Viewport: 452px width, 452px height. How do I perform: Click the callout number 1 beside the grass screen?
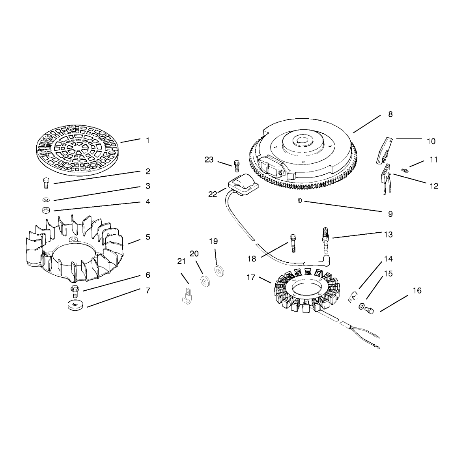[x=148, y=141]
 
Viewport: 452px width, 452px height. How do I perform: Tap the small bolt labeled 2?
[x=46, y=183]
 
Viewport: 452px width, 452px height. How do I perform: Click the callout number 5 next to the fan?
[x=148, y=237]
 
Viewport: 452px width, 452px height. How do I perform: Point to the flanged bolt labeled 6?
[x=75, y=291]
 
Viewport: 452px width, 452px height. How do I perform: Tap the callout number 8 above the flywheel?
[x=390, y=114]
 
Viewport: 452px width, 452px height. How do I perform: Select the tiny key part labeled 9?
[x=300, y=201]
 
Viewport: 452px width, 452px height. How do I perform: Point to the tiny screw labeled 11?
[x=405, y=170]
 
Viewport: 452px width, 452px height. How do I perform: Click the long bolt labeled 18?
[x=293, y=244]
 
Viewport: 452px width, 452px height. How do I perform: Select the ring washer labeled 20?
[x=205, y=281]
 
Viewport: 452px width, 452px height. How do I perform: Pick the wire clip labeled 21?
[x=187, y=296]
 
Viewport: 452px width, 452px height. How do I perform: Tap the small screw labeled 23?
[x=237, y=166]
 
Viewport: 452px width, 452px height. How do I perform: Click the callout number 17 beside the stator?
[x=251, y=277]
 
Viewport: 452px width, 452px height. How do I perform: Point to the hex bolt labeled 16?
[x=369, y=310]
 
